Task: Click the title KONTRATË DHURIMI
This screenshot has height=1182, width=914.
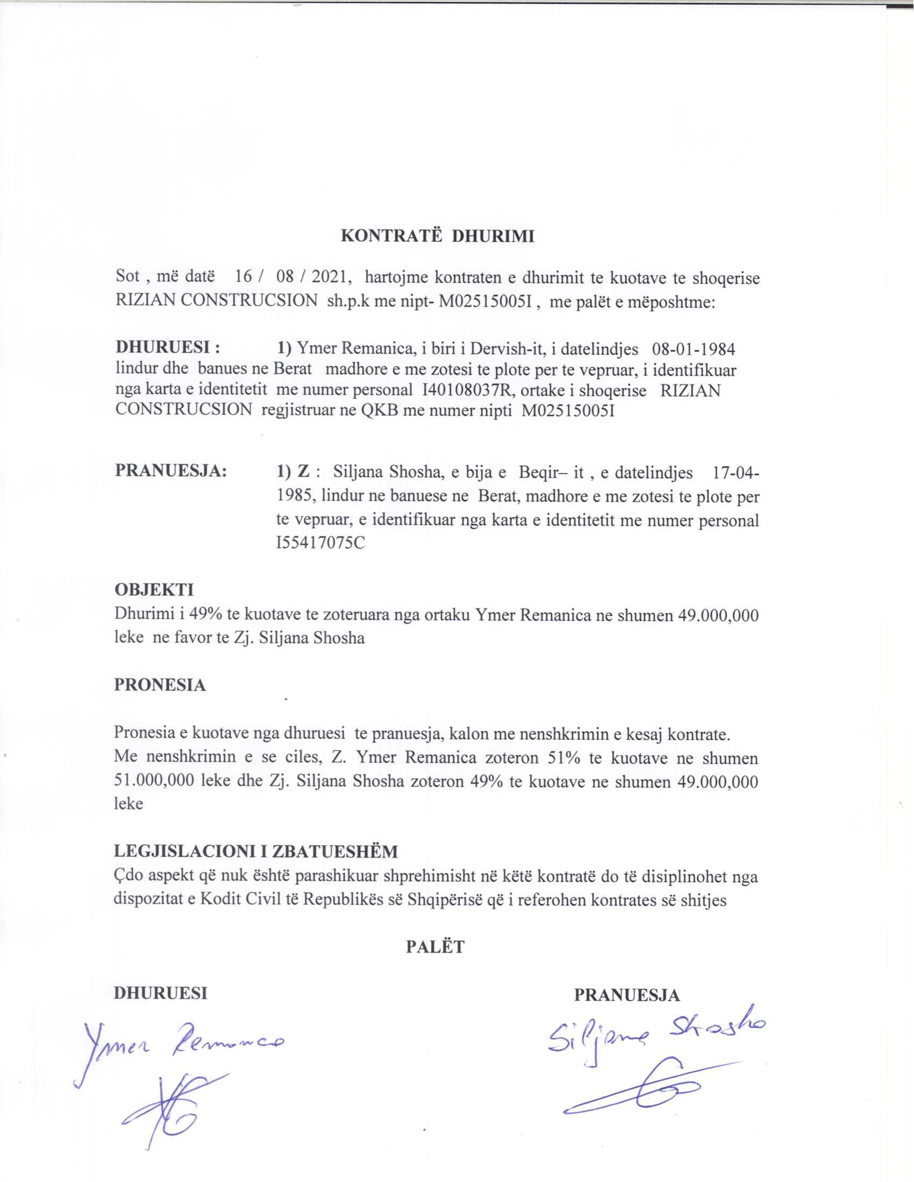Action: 437,236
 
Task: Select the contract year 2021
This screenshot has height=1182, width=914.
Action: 329,278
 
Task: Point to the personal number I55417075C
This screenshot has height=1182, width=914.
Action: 320,543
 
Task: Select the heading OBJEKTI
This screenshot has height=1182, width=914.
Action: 154,589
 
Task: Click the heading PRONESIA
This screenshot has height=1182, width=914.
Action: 160,685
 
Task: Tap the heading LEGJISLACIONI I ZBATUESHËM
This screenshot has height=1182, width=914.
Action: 255,852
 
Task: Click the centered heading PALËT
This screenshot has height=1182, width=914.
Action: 435,947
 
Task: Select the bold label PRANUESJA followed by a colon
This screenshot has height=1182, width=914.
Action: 170,470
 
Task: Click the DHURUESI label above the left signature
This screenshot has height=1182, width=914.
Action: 160,994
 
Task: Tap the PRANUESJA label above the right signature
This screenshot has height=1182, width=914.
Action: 627,995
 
